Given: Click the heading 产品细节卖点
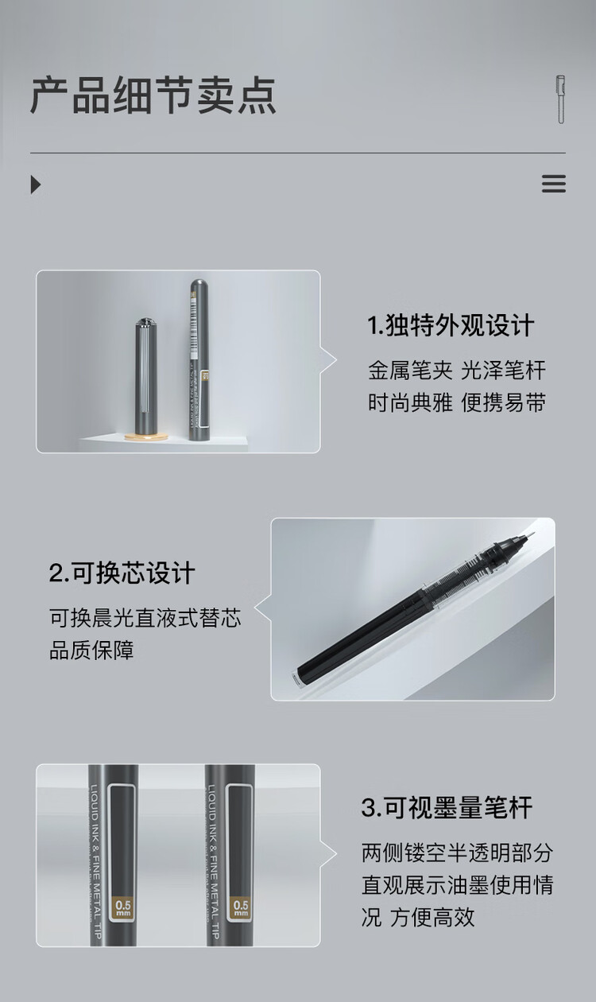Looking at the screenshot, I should (153, 96).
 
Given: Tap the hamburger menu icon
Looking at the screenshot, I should (553, 184).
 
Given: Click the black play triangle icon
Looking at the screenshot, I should (35, 184).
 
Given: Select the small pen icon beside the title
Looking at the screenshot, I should (560, 99).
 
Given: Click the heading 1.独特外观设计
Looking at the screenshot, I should (451, 325).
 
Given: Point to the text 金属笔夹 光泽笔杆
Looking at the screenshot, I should (457, 370).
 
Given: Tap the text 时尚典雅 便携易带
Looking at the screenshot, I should (457, 402).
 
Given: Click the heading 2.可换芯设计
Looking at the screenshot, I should (122, 573).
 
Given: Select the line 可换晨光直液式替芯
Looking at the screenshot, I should (145, 618).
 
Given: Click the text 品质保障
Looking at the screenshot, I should (91, 651).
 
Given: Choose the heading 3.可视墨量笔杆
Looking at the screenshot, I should (447, 808).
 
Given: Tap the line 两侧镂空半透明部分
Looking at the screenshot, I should (457, 853).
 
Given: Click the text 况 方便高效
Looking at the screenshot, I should (417, 917).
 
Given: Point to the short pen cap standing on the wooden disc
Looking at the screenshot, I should (144, 374).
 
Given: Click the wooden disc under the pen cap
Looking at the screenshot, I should (146, 437).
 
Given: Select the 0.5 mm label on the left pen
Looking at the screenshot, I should (124, 907).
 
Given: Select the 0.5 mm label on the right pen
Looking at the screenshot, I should (240, 907).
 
